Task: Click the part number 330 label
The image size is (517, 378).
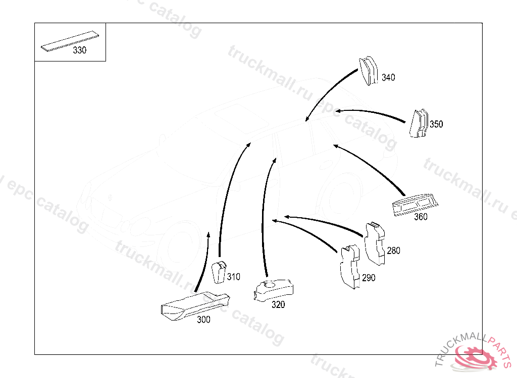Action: coord(79,50)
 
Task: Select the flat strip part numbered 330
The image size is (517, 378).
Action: coord(70,41)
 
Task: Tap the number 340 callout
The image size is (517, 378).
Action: coord(388,78)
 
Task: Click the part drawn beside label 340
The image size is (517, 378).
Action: coord(368,71)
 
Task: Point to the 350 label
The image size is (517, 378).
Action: coord(436,124)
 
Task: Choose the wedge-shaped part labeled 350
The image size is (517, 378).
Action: coord(419,123)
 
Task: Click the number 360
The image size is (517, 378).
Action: coord(421,217)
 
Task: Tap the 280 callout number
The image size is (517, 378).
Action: coord(393,250)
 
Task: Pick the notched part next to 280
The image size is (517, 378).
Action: coord(375,243)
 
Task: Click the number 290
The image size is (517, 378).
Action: coord(369,278)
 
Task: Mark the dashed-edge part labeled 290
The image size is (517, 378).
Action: coord(350,267)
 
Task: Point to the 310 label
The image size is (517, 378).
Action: coord(233,277)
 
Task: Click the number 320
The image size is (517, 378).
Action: coord(278,304)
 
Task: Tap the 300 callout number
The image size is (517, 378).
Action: coord(203,320)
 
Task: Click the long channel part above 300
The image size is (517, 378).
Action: coord(195,305)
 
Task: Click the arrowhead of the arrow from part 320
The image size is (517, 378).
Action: coord(275,161)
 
